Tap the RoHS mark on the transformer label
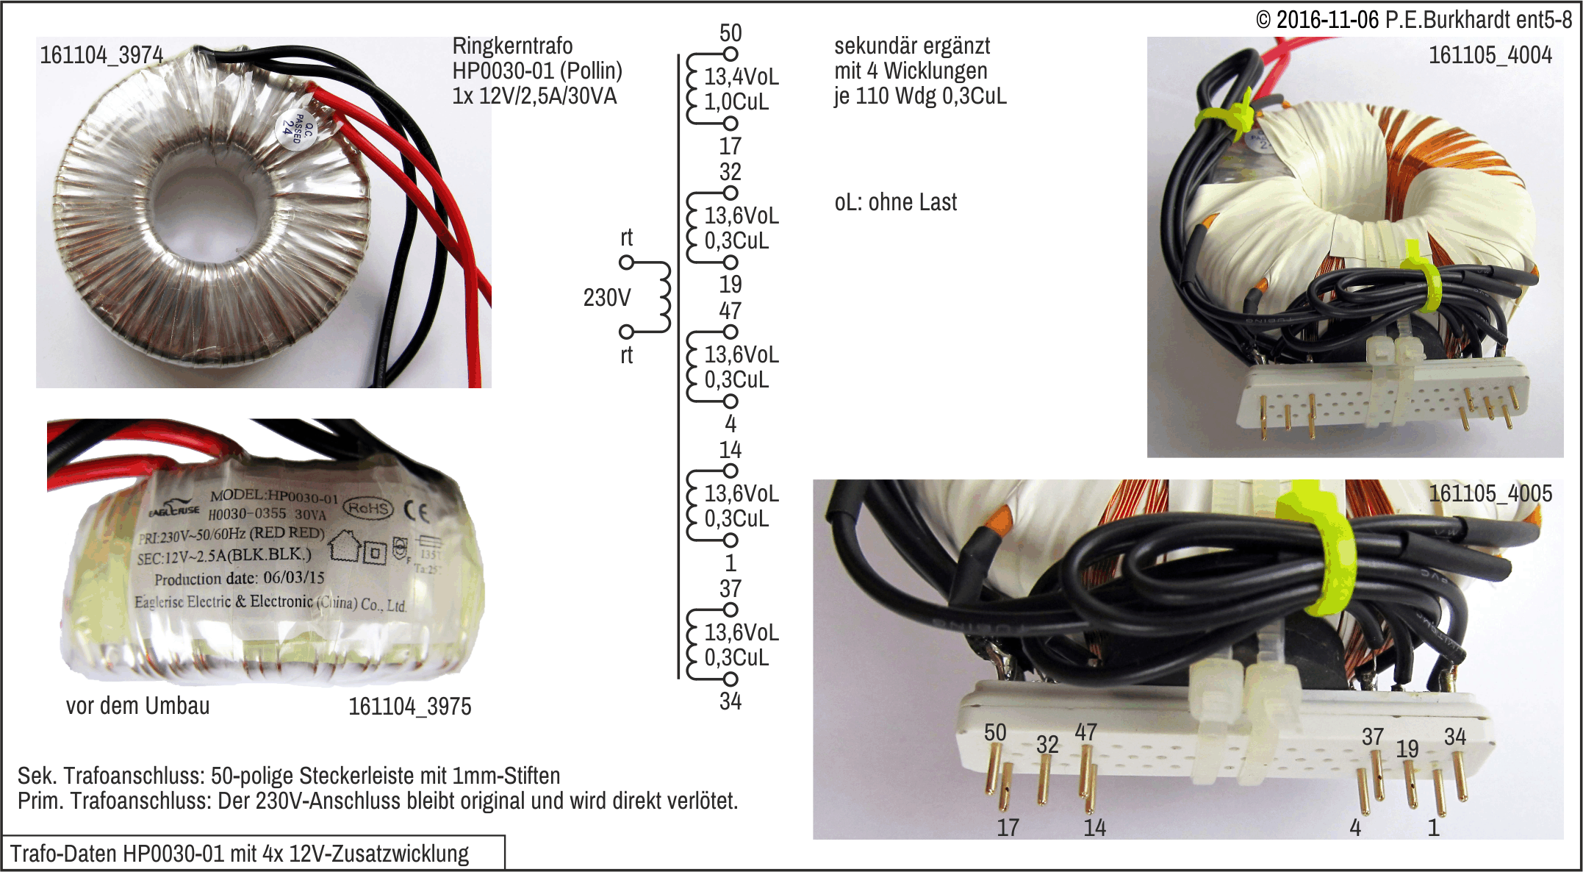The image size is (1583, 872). click(x=368, y=508)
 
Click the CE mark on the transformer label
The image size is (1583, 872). click(x=417, y=511)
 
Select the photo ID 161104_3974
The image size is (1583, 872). click(x=101, y=55)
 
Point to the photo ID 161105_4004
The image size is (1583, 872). click(x=1490, y=55)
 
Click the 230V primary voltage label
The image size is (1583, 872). click(x=606, y=298)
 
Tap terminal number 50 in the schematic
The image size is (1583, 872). click(x=730, y=33)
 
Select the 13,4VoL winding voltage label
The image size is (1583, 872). click(x=741, y=76)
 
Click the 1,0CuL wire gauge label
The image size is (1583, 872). click(x=736, y=101)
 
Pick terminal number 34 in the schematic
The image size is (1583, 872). click(x=730, y=701)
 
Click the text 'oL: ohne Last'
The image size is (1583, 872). click(x=895, y=202)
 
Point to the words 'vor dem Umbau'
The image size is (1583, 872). click(x=137, y=706)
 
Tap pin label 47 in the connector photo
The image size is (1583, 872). click(x=1085, y=732)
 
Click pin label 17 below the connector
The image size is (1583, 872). click(x=1008, y=828)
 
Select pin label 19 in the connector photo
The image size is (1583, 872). click(x=1407, y=749)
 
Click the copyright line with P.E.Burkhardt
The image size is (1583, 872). click(x=1413, y=20)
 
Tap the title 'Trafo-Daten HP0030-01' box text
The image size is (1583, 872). click(x=239, y=854)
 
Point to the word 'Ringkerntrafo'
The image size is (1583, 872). click(x=512, y=46)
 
